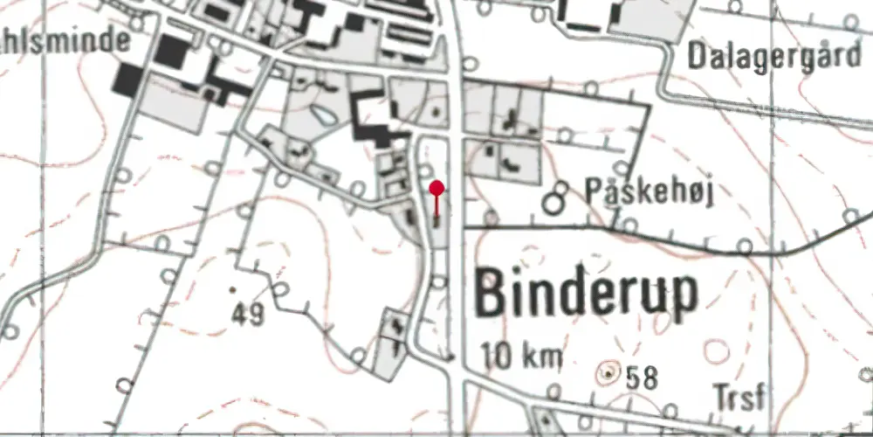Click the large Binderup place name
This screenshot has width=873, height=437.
(x=587, y=295)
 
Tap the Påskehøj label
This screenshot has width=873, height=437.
(x=650, y=192)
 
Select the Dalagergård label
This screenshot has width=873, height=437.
(x=773, y=57)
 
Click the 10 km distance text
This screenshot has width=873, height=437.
(x=521, y=357)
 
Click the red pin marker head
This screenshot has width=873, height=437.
(x=437, y=187)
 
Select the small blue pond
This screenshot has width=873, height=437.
(x=321, y=114)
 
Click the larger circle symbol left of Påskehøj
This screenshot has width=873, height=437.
(x=552, y=204)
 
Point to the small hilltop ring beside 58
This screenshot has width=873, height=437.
(x=607, y=374)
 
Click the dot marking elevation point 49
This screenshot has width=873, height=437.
(x=233, y=288)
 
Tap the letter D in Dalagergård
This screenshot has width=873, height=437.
(x=698, y=57)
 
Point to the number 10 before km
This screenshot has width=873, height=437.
(x=497, y=357)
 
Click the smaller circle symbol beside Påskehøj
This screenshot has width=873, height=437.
(x=563, y=186)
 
